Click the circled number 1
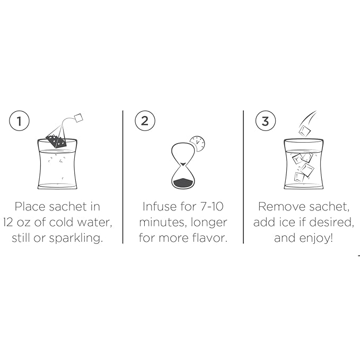coord(19,121)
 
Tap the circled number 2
coord(144,121)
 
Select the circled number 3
coord(265,121)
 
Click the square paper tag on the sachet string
coord(79,117)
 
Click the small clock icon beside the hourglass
coord(197,143)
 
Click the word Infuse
coord(159,206)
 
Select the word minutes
coord(160,222)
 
